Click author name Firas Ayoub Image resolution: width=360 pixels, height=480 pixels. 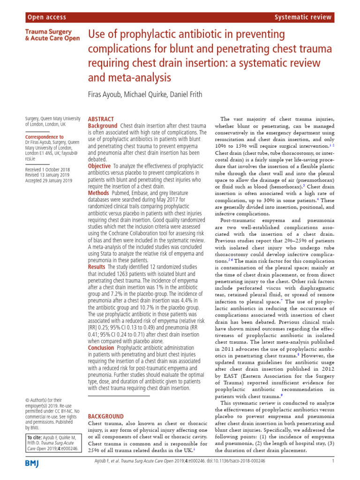pos(111,94)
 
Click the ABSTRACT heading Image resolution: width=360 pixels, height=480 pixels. pos(101,120)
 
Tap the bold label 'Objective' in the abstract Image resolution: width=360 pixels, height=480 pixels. pos(99,166)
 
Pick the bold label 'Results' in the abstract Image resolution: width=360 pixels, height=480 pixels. pos(97,267)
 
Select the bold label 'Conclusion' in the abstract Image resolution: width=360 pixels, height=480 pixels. pos(101,348)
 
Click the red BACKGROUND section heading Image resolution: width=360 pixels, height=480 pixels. pos(106,416)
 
